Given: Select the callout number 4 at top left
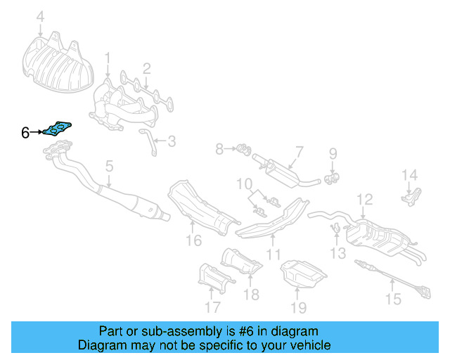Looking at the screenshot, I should coord(40,16).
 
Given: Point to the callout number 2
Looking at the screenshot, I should coord(147,68).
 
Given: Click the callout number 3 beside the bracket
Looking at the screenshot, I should coord(172,141).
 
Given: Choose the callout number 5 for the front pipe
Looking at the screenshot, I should coord(109,167).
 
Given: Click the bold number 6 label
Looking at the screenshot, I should coord(25,132).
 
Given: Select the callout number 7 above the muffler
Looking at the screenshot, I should coord(299,151).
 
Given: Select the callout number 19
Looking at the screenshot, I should coord(299,307).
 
